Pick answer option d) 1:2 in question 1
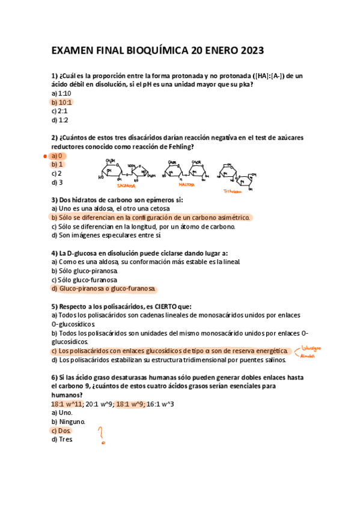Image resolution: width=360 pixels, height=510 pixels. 60,120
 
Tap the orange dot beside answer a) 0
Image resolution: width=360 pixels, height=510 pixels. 46,155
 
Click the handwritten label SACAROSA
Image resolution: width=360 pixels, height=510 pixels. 126,186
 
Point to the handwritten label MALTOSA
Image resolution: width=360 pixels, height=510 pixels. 188,185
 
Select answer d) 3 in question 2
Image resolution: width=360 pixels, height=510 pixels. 57,182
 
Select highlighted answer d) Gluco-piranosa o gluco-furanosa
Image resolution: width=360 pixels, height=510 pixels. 103,289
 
